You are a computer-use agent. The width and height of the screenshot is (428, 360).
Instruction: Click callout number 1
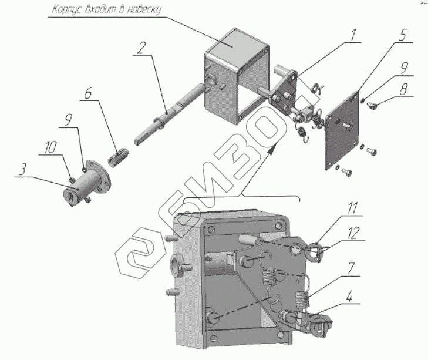[353, 36]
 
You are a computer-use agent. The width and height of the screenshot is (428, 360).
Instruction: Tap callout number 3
[22, 171]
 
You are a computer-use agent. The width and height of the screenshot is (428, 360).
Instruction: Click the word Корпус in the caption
[66, 10]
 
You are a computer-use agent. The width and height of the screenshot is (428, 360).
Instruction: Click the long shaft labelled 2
[164, 112]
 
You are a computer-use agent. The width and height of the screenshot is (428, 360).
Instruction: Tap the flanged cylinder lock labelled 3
[82, 188]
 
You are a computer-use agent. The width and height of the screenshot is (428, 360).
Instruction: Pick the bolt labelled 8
[373, 106]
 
